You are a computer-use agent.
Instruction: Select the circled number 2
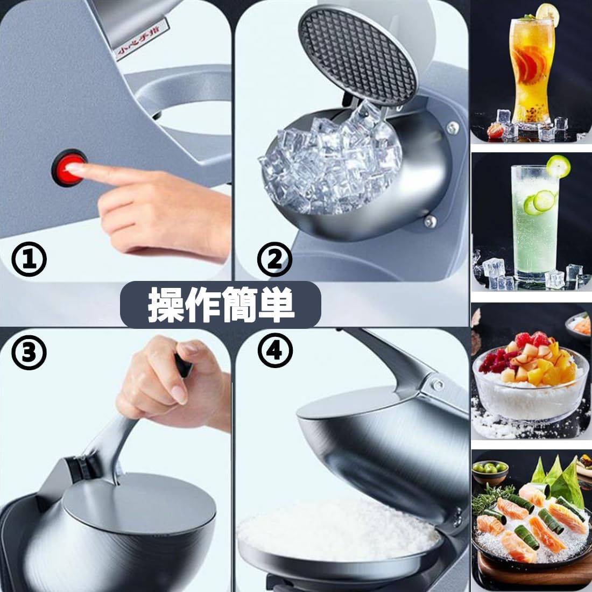pos(274,259)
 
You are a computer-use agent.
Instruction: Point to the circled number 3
pos(29,353)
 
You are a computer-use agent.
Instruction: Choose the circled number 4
pos(274,350)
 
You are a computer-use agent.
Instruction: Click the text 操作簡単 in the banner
pos(221,305)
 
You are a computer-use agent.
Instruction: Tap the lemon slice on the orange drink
pos(546,11)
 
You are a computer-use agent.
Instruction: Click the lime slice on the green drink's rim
pos(558,166)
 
